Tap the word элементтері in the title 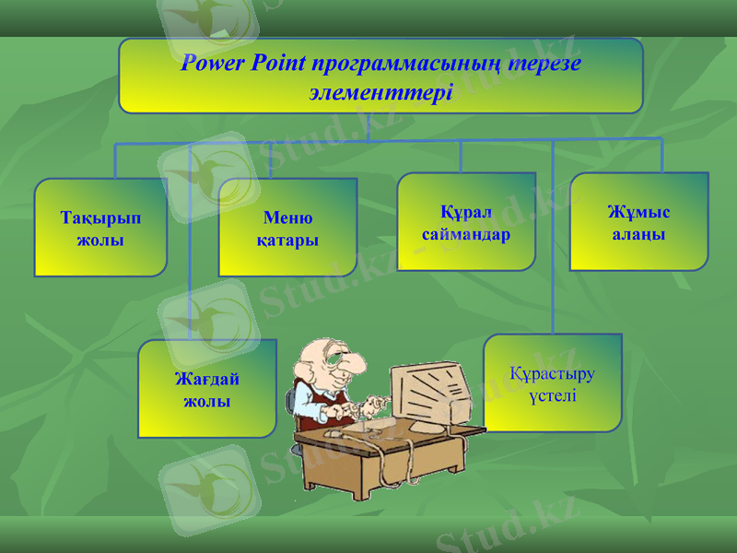click(x=380, y=92)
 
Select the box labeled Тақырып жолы click(x=100, y=229)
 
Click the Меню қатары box click(x=287, y=229)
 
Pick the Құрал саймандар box click(x=466, y=222)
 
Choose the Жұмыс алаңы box click(x=638, y=222)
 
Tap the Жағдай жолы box click(x=206, y=389)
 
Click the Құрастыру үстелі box click(x=552, y=383)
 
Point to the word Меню click(x=287, y=218)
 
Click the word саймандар click(x=466, y=234)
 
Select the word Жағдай click(x=207, y=379)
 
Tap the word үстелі click(x=552, y=395)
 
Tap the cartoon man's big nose click(x=345, y=375)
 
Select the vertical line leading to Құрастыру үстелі click(x=552, y=276)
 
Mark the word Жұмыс click(x=638, y=213)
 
